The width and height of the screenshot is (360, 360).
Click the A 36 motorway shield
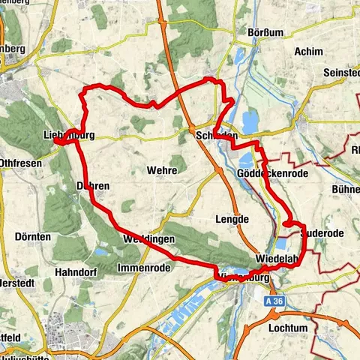point(275,299)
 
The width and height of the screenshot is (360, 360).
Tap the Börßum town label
point(265,32)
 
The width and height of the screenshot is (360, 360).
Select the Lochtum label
point(290,328)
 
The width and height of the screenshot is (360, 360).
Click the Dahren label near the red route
point(93,185)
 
